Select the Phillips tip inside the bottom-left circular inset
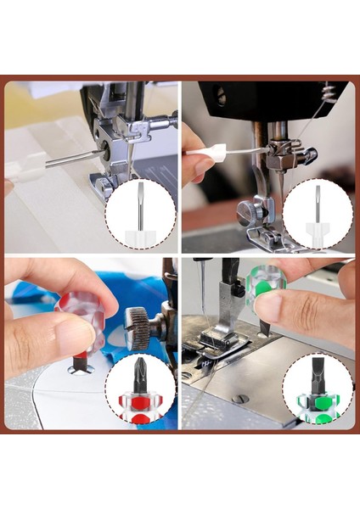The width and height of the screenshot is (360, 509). (x=140, y=373)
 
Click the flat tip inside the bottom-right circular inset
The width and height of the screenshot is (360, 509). (x=318, y=374)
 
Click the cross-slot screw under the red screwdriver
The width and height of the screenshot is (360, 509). (x=80, y=368)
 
